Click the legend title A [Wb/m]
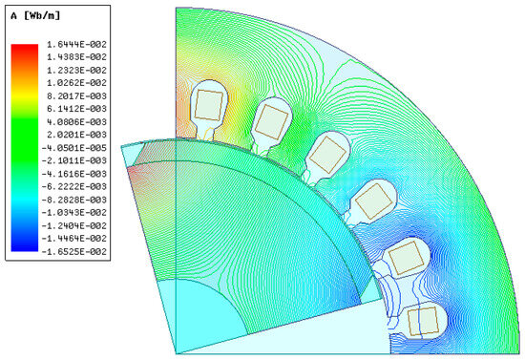click(35, 15)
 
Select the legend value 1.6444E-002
click(76, 44)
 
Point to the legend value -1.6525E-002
click(73, 251)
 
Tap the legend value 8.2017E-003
click(76, 96)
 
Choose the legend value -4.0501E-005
click(73, 148)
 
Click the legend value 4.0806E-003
click(76, 122)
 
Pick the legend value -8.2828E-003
click(73, 200)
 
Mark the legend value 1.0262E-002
click(76, 83)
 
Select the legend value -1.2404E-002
click(73, 225)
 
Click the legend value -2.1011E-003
click(73, 160)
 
